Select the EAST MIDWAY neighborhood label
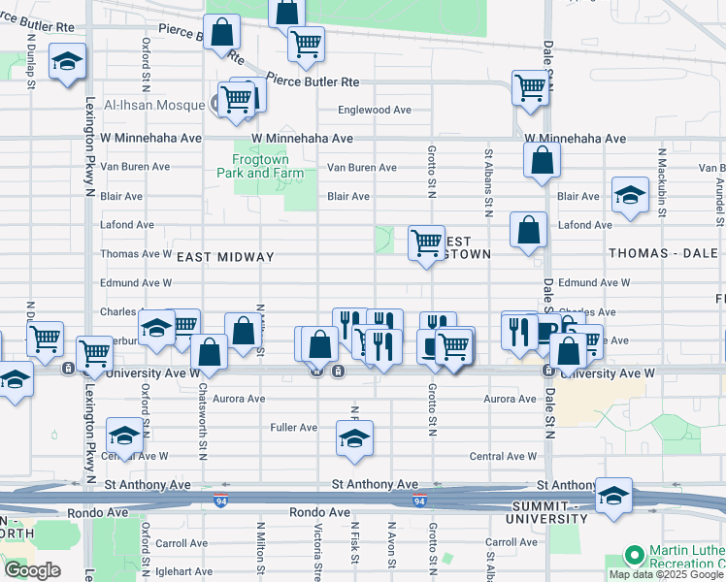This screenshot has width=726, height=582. (x=225, y=257)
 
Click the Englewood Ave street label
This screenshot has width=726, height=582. (x=376, y=110)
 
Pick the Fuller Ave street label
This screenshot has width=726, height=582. (x=294, y=427)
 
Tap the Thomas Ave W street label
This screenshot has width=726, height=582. (x=136, y=254)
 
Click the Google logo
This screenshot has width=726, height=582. (x=32, y=570)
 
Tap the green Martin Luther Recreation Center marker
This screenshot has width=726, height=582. (x=635, y=556)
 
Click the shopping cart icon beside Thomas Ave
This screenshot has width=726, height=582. (x=425, y=242)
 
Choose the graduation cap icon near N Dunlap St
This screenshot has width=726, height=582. (x=66, y=61)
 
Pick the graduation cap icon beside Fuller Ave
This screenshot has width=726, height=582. (x=355, y=438)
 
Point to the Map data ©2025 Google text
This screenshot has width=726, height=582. (x=666, y=574)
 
